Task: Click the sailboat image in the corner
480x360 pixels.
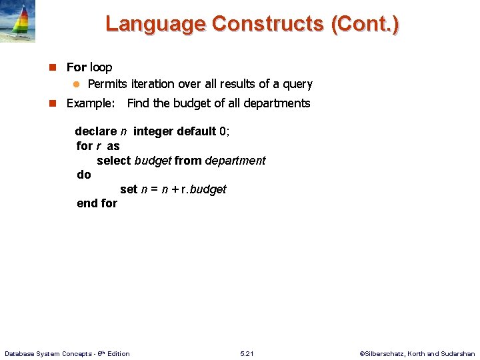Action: pos(18,21)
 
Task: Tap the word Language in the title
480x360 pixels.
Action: pos(155,24)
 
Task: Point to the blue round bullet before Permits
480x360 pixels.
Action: pos(76,84)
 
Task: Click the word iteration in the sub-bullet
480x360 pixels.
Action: pos(157,84)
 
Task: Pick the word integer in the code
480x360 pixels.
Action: pos(153,131)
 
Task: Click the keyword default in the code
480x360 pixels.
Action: pos(196,131)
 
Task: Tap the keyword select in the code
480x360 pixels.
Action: pos(114,161)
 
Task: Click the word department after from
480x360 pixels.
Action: pos(235,161)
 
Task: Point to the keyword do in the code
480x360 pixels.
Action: pos(84,175)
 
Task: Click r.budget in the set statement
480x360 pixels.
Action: pos(204,189)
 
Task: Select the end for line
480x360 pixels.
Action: pos(97,203)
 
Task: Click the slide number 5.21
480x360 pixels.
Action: pos(247,353)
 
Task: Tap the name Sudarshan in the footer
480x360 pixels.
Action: pos(459,353)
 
